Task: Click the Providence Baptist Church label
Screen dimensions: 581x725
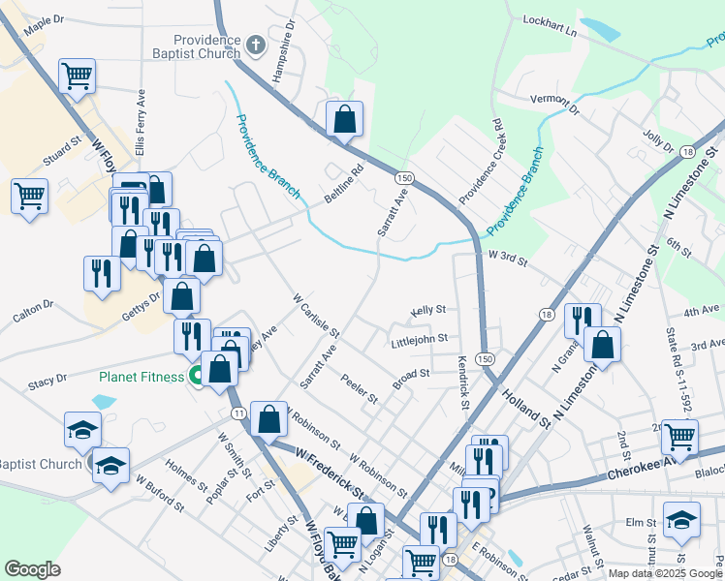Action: (x=200, y=46)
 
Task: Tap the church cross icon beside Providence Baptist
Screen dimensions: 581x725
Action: (x=256, y=45)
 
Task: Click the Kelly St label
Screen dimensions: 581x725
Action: (x=427, y=310)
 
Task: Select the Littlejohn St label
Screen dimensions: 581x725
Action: (x=419, y=340)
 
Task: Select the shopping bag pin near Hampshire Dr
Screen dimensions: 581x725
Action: (x=344, y=120)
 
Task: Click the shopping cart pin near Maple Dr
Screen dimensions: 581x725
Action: (x=77, y=76)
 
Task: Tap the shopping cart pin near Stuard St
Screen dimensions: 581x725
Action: (x=30, y=196)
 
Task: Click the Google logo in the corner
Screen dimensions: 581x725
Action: (x=32, y=569)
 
